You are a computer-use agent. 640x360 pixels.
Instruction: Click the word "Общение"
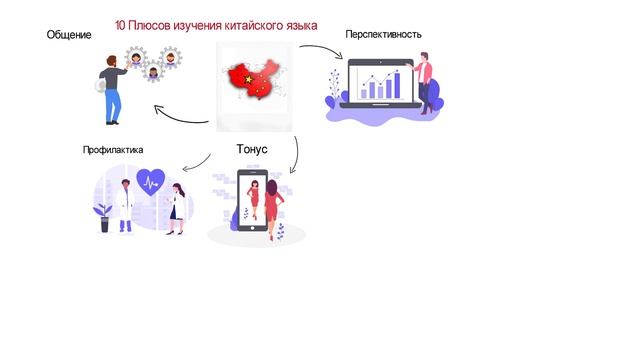tap(69, 36)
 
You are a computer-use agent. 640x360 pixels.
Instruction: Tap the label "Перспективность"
tap(383, 34)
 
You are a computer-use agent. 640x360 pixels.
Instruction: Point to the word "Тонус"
tap(252, 150)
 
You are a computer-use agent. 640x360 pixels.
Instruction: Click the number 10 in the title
tap(121, 25)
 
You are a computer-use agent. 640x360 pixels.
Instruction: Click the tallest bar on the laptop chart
tap(397, 84)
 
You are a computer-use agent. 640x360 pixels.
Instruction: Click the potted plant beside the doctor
tap(103, 217)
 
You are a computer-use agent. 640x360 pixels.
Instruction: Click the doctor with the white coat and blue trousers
tap(124, 206)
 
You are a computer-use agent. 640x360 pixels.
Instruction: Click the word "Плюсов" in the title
tap(153, 25)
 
